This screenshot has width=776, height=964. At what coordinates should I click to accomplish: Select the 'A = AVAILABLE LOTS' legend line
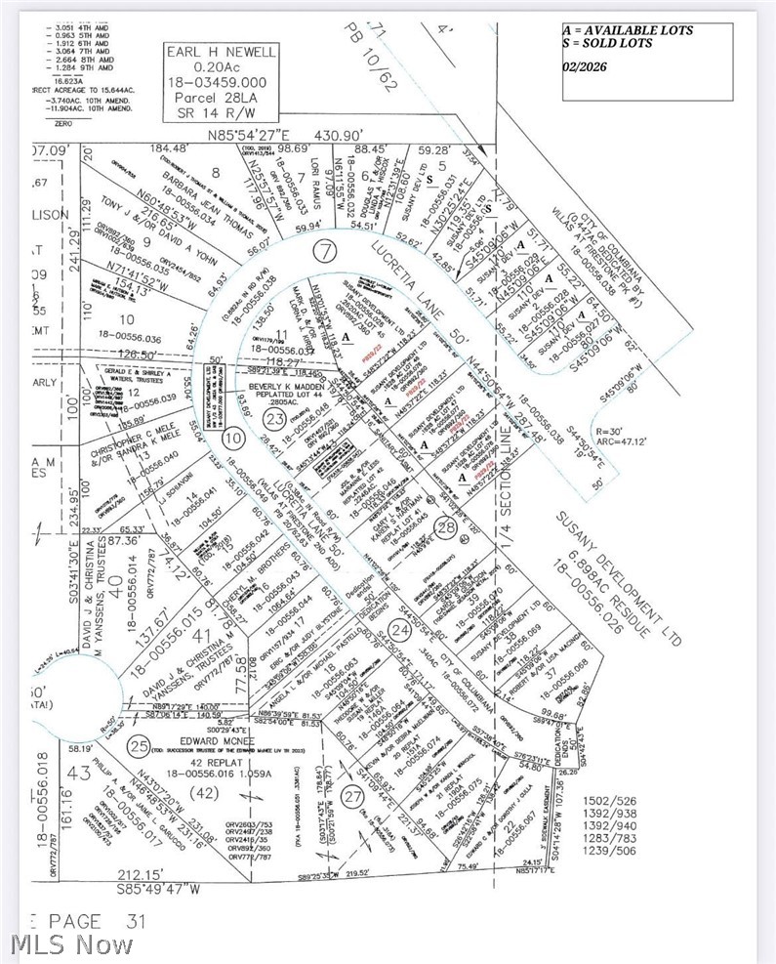(628, 30)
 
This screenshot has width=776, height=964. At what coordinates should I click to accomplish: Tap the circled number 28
(445, 528)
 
